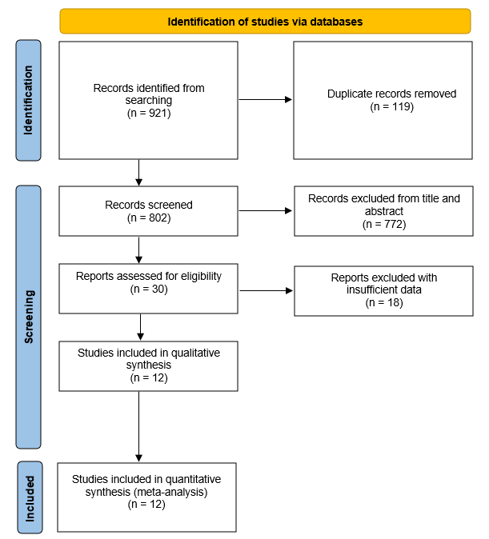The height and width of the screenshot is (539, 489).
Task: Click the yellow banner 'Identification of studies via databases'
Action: point(265,22)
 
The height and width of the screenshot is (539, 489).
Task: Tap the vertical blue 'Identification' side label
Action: point(28,100)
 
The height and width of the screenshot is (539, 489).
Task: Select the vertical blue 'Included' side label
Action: point(30,497)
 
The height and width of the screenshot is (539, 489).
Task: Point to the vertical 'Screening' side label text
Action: point(29,317)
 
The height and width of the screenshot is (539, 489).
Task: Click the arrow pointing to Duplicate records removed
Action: point(266,100)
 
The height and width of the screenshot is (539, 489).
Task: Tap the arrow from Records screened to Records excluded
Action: point(266,210)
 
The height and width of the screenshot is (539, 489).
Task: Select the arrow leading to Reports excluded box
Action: point(266,291)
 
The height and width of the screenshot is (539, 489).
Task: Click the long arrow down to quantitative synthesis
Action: point(138,426)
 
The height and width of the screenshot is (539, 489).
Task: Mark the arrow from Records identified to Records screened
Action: point(138,173)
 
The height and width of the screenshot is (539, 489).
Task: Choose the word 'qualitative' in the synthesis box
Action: point(195,353)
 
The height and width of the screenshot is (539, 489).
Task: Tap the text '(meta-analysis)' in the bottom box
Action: point(170,492)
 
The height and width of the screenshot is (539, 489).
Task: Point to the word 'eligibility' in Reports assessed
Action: point(202,277)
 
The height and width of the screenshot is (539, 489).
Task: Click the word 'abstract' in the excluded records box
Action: point(384,211)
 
